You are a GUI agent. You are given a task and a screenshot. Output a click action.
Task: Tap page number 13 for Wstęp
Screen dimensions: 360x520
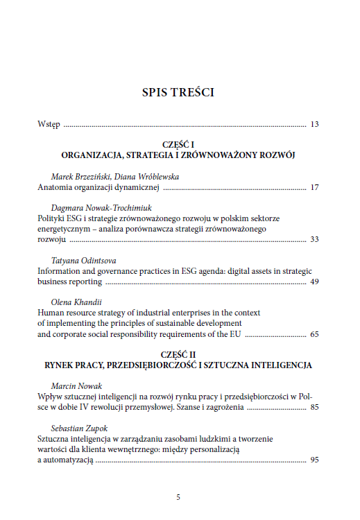tap(314, 125)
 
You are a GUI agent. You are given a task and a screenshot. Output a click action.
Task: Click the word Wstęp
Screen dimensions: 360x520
tap(49, 125)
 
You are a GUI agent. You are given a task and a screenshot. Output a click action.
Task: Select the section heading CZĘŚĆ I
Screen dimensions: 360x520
tap(178, 144)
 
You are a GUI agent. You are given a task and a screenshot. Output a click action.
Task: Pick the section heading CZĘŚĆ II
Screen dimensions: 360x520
tap(178, 354)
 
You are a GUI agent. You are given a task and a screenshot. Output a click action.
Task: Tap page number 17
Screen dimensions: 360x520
tap(314, 187)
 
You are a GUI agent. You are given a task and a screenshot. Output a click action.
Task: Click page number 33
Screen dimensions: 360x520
tap(314, 239)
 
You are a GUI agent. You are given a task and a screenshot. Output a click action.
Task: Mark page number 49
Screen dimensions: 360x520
tap(314, 281)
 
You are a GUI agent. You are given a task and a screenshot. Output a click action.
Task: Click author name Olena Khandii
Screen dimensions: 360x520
tap(74, 302)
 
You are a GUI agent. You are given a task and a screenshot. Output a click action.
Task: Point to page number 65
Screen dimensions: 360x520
tap(314, 334)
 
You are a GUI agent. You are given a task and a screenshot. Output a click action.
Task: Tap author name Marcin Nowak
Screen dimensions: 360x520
tap(76, 385)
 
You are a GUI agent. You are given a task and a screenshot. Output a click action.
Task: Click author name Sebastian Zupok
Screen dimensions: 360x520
tap(80, 428)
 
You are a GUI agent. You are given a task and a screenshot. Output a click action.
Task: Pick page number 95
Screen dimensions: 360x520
tap(314, 460)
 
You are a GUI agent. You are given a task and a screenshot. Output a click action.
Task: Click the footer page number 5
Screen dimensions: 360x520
tap(178, 497)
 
